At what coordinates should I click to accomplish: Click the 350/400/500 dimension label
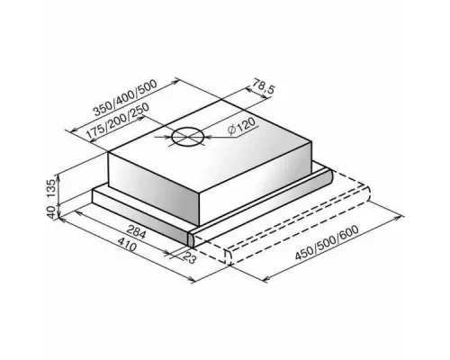(125, 98)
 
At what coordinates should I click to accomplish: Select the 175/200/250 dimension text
(118, 121)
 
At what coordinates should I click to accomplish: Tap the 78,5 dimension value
(263, 86)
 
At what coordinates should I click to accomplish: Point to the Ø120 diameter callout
(241, 126)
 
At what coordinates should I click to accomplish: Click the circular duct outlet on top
(188, 137)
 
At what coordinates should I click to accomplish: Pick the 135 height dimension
(51, 188)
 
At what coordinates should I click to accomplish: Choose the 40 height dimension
(51, 212)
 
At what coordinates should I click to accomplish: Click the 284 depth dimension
(136, 231)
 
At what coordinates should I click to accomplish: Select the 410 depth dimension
(127, 245)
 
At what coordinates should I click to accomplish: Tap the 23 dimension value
(190, 257)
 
